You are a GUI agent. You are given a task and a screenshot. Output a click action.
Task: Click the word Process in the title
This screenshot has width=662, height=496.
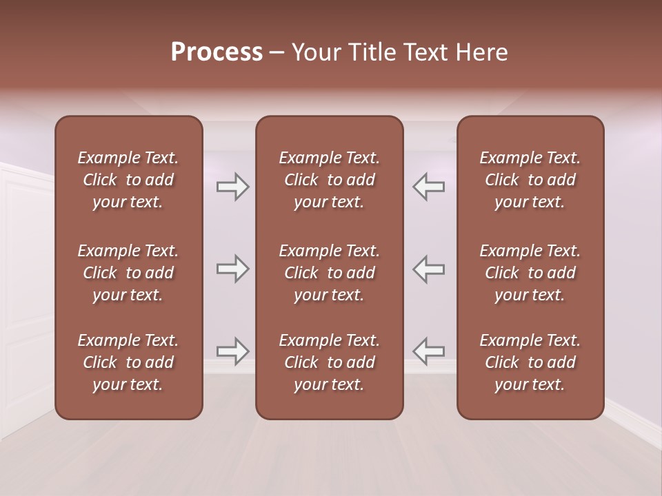point(217,52)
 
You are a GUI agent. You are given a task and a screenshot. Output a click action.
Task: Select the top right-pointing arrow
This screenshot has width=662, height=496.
point(232,187)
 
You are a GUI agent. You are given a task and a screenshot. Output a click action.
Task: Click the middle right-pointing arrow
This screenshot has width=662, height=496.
point(232,269)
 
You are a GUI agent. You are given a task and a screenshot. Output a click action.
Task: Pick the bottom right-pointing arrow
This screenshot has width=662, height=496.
point(232,351)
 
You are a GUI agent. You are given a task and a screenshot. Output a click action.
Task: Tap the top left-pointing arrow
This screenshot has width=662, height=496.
point(429,187)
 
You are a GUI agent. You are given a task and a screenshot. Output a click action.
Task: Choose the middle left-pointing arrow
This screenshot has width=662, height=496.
point(429,269)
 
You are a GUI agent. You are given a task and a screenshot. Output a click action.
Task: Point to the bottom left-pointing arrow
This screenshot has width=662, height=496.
point(429,351)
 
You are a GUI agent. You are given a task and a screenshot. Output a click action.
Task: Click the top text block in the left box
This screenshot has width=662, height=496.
point(128,180)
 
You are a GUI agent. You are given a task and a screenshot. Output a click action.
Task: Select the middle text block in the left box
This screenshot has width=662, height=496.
point(128,273)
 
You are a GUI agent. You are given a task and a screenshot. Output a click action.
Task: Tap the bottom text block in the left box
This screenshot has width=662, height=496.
point(128,362)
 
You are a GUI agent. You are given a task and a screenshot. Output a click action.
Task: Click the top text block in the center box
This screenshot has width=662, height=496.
point(329,180)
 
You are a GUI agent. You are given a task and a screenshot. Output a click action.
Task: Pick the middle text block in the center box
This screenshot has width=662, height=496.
point(329,273)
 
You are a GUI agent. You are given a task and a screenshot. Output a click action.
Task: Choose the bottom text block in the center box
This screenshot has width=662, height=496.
point(329,362)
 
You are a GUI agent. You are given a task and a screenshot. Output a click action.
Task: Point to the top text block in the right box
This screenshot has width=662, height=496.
point(530,180)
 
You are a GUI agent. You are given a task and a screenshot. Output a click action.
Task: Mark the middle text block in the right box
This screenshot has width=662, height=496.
point(530,273)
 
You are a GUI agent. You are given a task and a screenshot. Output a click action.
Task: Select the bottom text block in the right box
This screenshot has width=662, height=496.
point(530,362)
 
